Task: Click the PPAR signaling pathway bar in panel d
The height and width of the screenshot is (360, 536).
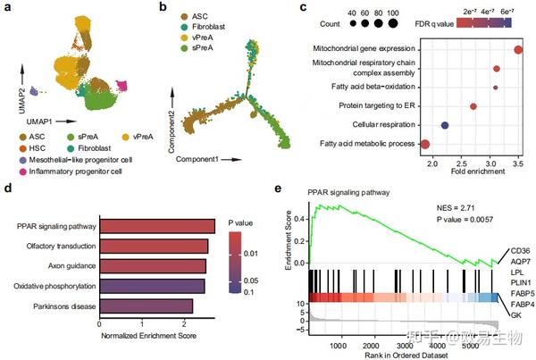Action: pyautogui.click(x=157, y=225)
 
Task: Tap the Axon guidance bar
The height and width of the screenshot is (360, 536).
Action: pyautogui.click(x=153, y=265)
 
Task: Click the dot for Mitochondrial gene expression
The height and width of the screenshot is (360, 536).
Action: pyautogui.click(x=519, y=48)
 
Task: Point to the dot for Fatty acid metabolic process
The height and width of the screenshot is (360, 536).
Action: pyautogui.click(x=425, y=144)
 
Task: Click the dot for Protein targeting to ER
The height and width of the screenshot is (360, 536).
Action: pyautogui.click(x=473, y=106)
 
